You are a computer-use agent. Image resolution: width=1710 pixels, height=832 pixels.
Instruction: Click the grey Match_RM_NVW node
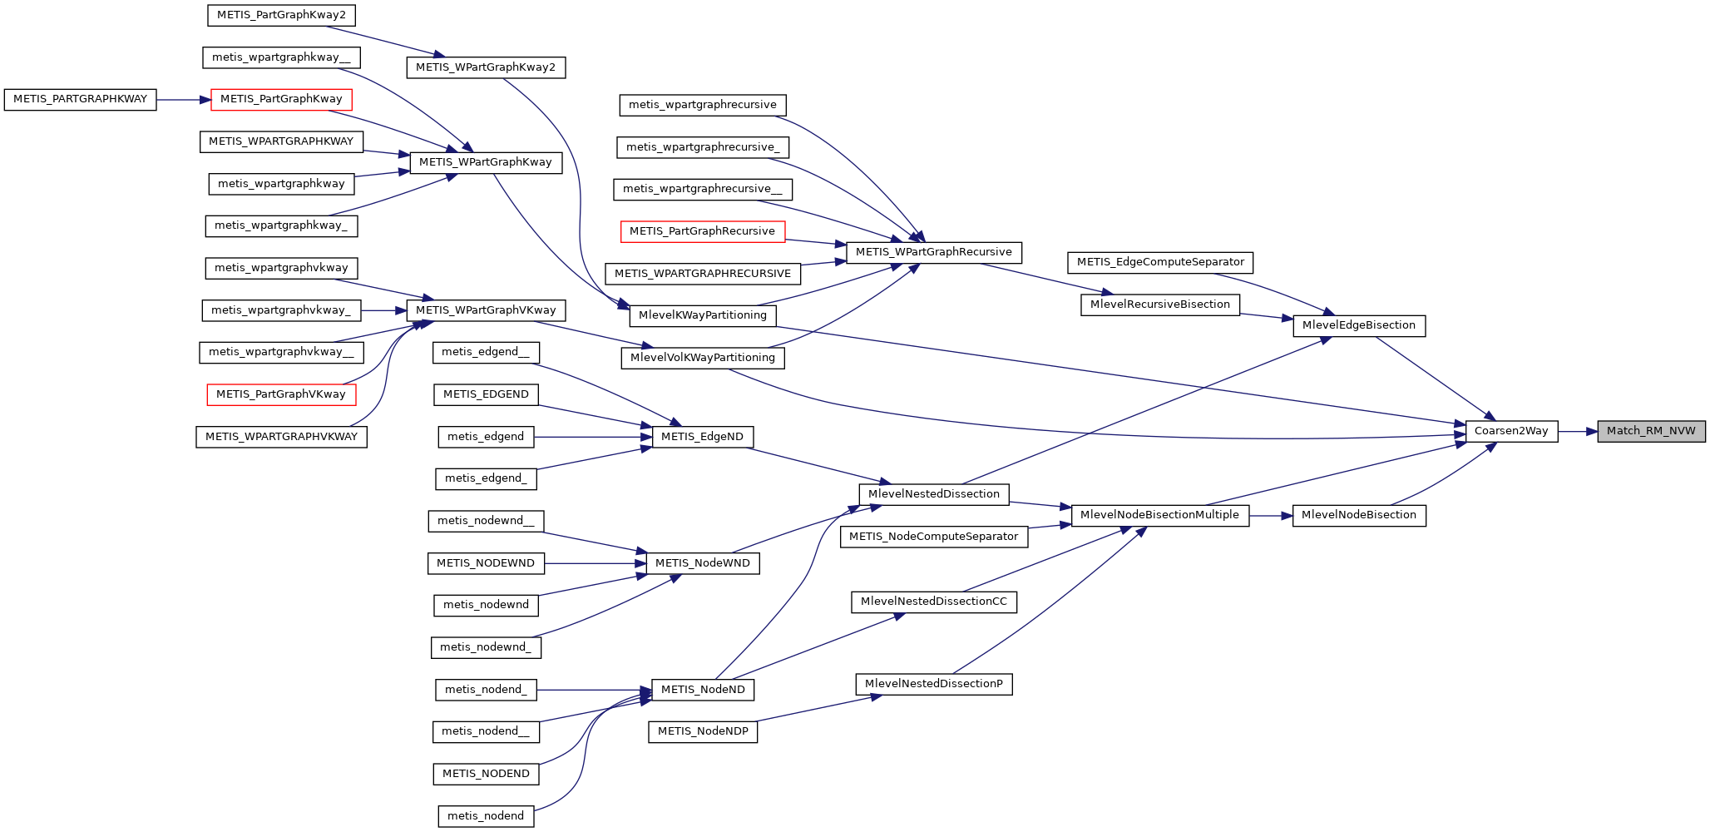point(1651,431)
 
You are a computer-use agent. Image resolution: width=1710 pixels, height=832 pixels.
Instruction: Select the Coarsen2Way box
point(1511,431)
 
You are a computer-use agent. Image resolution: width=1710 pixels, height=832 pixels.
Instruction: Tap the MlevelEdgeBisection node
point(1358,325)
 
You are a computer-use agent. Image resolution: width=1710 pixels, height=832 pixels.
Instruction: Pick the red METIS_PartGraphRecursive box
point(702,231)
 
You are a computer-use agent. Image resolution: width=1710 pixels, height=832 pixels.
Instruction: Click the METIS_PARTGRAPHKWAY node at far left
point(80,99)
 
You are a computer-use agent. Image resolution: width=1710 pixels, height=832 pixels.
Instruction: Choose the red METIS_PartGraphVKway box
point(281,394)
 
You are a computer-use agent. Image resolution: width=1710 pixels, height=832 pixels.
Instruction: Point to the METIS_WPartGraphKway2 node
point(486,67)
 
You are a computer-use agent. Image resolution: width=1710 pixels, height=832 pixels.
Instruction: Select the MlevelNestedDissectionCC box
point(933,602)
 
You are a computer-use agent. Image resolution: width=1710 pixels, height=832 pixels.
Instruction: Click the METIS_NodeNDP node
point(703,731)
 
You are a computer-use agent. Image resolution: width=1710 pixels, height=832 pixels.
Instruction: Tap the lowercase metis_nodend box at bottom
point(486,816)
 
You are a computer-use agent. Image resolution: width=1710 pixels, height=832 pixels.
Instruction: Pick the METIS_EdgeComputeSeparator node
point(1160,262)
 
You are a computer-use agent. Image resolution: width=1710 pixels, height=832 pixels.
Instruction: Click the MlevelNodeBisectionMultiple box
point(1159,515)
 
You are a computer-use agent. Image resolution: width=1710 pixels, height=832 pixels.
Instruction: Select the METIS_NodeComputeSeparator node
point(933,537)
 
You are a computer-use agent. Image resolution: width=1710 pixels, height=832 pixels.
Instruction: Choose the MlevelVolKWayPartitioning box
point(703,358)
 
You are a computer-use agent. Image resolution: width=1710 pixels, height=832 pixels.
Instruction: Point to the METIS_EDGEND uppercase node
point(486,394)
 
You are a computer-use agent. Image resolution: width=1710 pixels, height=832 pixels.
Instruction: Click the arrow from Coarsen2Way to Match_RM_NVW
point(1577,431)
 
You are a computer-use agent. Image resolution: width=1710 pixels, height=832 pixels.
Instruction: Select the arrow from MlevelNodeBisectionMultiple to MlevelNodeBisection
point(1271,516)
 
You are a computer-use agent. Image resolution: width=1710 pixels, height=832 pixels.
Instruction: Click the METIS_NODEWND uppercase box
point(486,563)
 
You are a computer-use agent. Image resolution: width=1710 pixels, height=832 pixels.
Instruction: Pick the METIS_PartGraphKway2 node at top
point(281,15)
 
